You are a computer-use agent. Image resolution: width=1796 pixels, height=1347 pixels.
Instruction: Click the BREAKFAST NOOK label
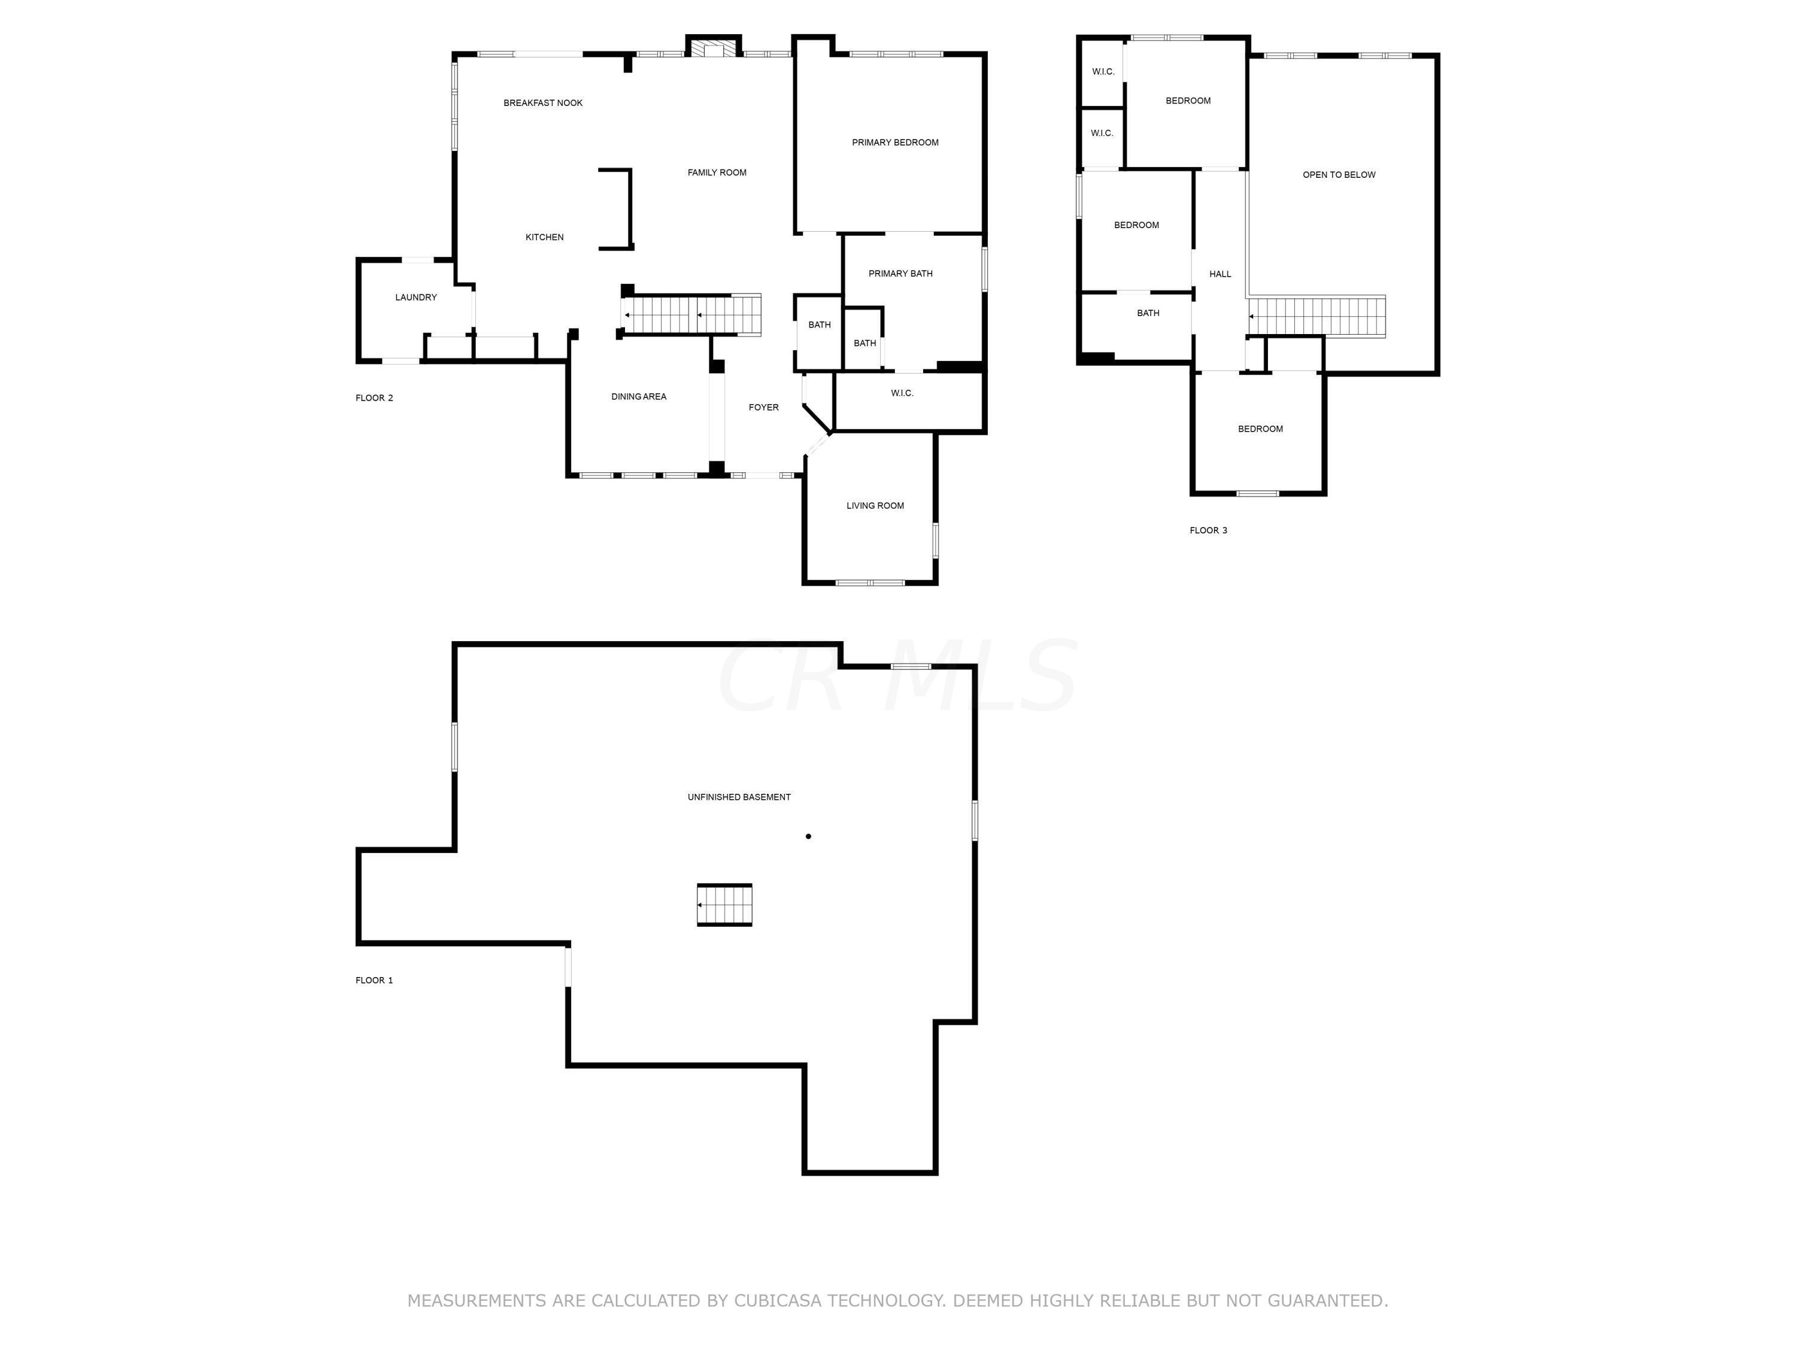[542, 103]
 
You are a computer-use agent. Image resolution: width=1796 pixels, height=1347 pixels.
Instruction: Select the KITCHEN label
[544, 238]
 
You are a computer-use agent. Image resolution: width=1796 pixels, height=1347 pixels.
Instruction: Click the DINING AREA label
[638, 397]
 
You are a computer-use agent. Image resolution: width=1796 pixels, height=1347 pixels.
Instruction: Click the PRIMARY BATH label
[900, 274]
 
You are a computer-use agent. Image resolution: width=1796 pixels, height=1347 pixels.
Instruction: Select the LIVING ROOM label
[875, 506]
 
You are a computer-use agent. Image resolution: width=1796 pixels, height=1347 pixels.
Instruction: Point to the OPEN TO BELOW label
[1339, 175]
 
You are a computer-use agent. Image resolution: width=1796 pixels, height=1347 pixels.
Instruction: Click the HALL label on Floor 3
[1219, 274]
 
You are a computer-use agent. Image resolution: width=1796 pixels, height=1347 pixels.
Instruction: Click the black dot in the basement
[808, 836]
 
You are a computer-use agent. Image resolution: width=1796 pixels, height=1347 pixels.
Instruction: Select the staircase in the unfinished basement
[724, 905]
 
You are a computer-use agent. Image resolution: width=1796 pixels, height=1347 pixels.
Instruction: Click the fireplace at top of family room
[714, 47]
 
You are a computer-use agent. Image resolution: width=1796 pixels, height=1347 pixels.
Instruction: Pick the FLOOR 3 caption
[1208, 531]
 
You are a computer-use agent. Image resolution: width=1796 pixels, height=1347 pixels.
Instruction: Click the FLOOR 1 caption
[374, 981]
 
